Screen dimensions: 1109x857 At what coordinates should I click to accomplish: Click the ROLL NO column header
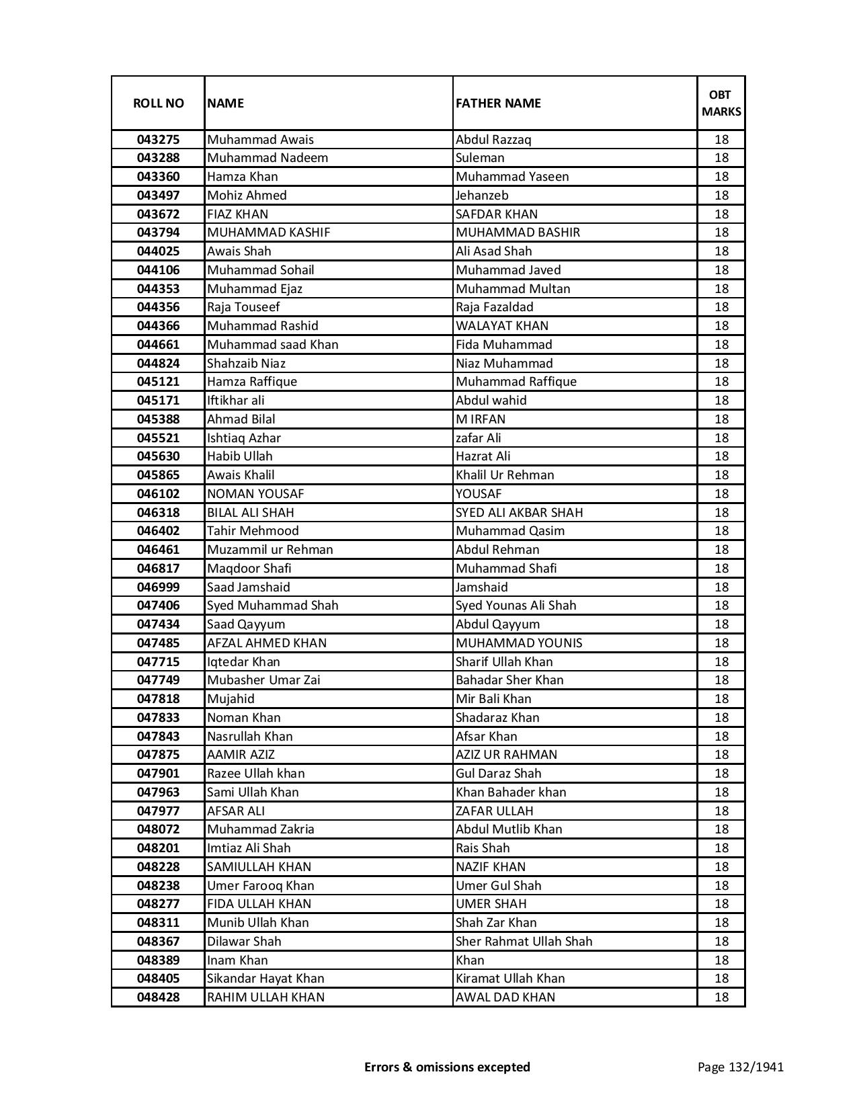158,104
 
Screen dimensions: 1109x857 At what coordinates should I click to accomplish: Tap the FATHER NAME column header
498,104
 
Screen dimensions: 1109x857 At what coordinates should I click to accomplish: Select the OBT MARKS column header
721,104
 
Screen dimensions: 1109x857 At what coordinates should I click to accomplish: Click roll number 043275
158,140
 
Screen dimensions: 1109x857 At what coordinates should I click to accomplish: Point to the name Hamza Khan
242,177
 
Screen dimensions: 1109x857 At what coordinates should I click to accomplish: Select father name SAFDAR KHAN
496,214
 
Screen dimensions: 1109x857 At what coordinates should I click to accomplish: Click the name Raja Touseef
243,307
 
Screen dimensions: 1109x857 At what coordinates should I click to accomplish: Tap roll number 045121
158,382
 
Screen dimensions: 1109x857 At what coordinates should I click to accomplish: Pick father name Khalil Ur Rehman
505,475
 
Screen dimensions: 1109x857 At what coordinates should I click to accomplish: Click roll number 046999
158,587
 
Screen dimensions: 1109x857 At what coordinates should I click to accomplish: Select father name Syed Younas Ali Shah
516,606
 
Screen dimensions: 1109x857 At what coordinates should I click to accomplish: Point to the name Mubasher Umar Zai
263,680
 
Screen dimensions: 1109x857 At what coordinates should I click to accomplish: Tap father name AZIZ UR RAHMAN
506,755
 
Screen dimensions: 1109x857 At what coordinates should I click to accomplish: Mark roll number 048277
158,904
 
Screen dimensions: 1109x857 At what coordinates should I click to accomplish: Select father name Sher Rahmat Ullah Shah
524,942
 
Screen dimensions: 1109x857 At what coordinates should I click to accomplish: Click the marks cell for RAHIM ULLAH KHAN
721,997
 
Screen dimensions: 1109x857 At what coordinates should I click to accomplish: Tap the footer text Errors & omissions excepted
447,1067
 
